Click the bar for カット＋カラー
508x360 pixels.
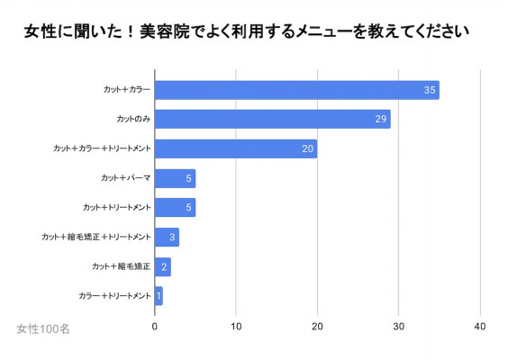(297, 90)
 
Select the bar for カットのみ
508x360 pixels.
(273, 119)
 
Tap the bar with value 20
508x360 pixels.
(236, 148)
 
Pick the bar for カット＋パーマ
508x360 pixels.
(176, 178)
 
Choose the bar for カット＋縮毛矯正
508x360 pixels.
(163, 266)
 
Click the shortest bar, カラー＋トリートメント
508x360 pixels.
(159, 296)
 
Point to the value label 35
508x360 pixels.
(430, 90)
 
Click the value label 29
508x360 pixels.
(381, 119)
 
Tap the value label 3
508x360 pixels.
(172, 238)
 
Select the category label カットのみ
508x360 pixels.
(133, 119)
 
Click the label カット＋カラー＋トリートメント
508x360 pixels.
(102, 148)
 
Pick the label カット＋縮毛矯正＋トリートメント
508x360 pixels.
(96, 237)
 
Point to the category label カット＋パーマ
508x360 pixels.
(126, 178)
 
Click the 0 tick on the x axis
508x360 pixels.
(155, 327)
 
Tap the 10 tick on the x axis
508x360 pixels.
(236, 327)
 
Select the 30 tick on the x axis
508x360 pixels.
(399, 327)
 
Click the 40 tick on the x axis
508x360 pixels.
(480, 327)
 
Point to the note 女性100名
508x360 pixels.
(43, 328)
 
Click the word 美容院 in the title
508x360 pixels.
(165, 31)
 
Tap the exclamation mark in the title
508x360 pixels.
(131, 31)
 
